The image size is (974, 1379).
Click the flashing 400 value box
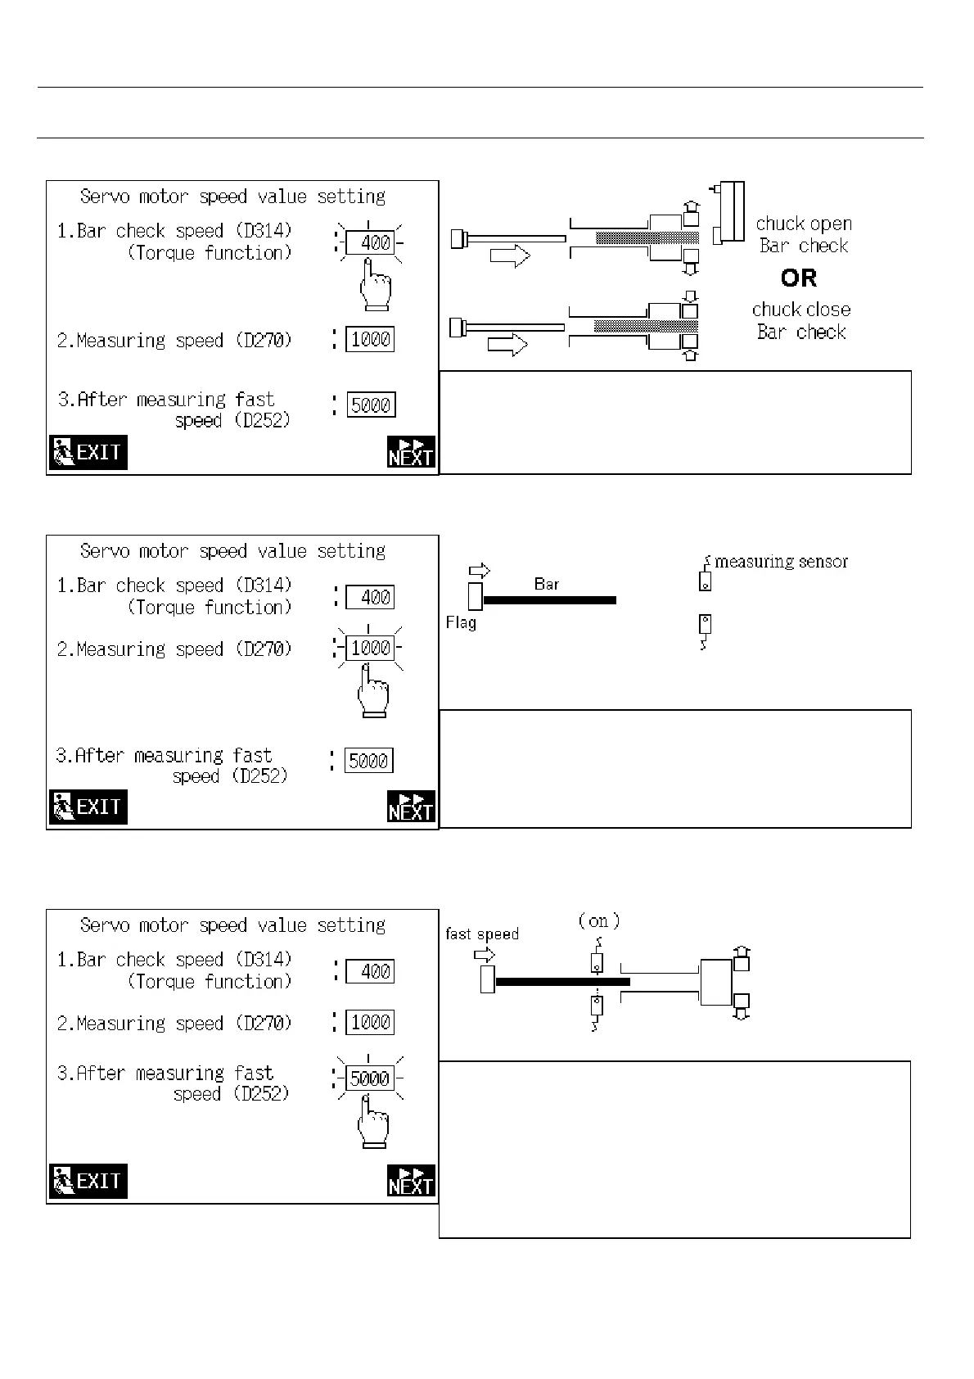[x=370, y=242]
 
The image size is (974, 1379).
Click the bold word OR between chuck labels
[x=799, y=278]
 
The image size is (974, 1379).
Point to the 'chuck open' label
[x=804, y=224]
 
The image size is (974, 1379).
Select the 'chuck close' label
[x=801, y=310]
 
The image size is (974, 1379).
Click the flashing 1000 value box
[x=370, y=649]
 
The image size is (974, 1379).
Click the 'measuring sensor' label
[x=781, y=562]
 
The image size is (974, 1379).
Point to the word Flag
[x=461, y=623]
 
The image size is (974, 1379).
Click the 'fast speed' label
[x=482, y=934]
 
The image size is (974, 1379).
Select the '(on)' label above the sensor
[x=599, y=920]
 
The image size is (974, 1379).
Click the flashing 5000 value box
[x=370, y=1078]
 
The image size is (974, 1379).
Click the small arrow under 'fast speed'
[x=485, y=954]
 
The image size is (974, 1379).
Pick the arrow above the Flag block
[x=479, y=571]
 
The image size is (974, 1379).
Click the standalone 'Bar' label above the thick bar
[x=546, y=584]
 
